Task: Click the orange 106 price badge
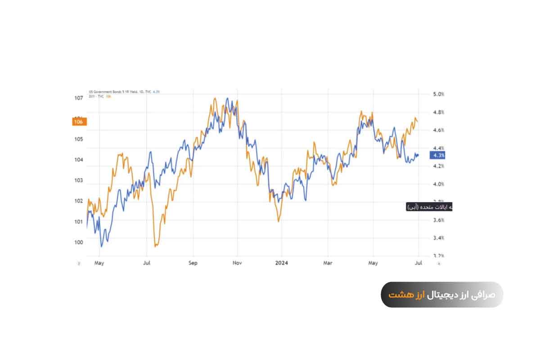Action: [x=79, y=121]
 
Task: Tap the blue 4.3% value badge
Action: [x=437, y=155]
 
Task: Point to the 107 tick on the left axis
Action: [x=79, y=98]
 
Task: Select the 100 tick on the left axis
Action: [x=79, y=242]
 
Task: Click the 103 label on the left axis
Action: [x=79, y=180]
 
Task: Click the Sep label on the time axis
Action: [x=193, y=263]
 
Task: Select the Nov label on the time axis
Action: [x=238, y=263]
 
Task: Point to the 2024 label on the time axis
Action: [x=282, y=263]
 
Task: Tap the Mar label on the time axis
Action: [x=328, y=263]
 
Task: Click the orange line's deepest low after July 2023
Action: [x=155, y=246]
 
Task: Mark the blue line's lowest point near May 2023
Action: [x=101, y=247]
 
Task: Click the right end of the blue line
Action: [x=418, y=155]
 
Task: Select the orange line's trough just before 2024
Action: [x=279, y=221]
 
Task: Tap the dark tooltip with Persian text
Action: [x=429, y=207]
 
